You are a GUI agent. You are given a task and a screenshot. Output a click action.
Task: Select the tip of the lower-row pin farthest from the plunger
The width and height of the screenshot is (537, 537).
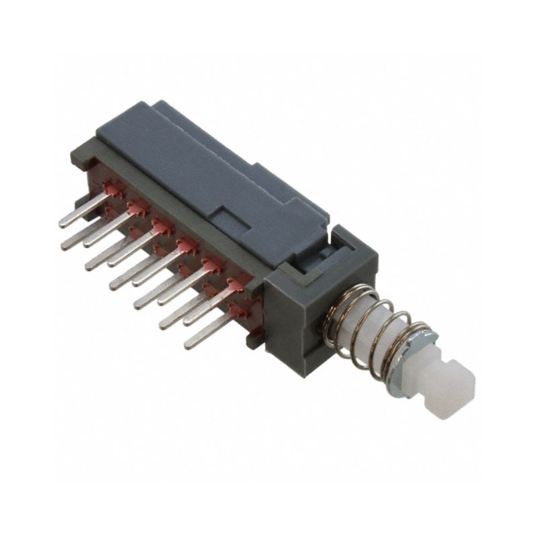[65, 246]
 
